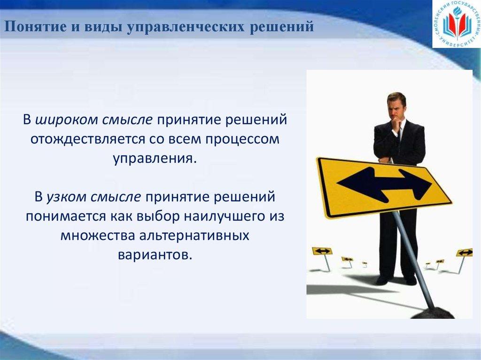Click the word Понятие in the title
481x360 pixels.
pos(31,27)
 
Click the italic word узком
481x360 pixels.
pos(65,196)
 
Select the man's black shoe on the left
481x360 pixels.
pos(383,280)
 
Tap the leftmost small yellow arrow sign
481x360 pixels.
pos(322,251)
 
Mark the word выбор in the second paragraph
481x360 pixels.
pos(158,215)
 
